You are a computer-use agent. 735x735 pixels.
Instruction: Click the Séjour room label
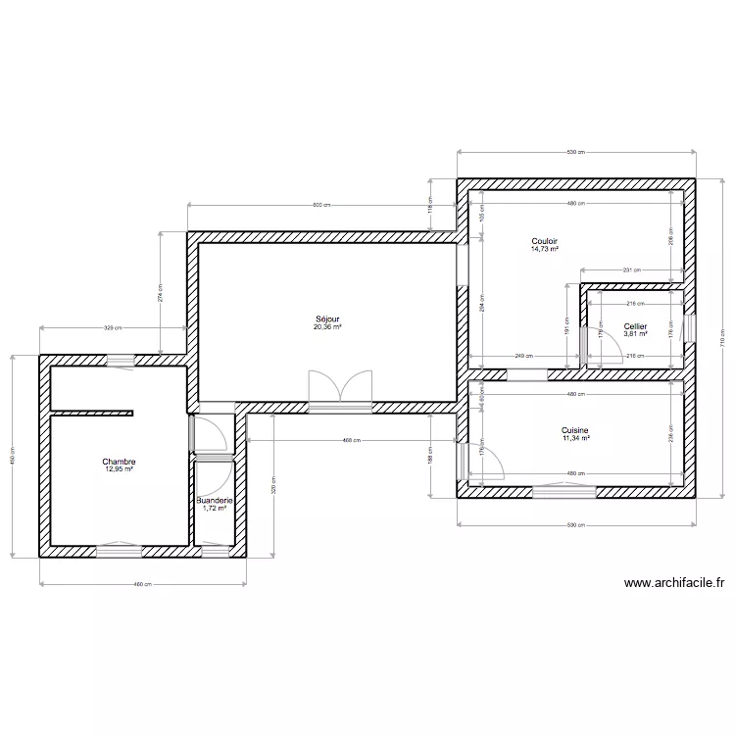click(327, 318)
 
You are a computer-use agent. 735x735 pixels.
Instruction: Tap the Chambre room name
click(119, 462)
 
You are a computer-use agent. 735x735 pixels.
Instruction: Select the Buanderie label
click(214, 500)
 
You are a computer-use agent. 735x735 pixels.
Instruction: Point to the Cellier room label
click(635, 326)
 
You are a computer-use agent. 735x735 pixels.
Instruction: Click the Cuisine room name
click(575, 430)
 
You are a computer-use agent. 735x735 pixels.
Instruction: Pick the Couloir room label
click(544, 241)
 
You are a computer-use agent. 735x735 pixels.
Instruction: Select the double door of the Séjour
click(340, 388)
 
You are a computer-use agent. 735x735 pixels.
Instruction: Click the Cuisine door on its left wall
click(482, 461)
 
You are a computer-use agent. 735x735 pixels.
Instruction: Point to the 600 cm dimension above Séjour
click(319, 205)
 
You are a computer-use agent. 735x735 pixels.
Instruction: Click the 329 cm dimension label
click(112, 328)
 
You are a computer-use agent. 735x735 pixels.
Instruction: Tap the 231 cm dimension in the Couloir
click(630, 269)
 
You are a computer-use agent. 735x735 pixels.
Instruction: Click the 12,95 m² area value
click(119, 469)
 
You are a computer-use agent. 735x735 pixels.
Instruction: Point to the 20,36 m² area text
click(327, 326)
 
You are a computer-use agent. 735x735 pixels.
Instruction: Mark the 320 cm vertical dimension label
click(274, 485)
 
